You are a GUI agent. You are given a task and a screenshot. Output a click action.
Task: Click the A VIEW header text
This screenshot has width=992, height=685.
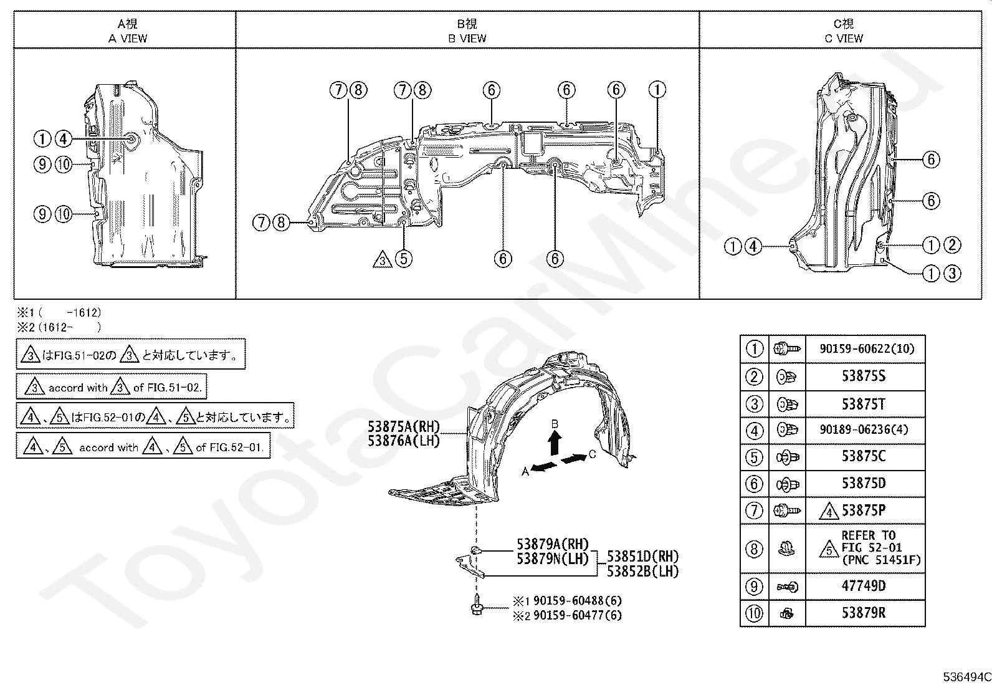tap(128, 39)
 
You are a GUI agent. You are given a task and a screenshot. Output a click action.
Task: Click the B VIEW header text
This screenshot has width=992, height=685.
tap(467, 39)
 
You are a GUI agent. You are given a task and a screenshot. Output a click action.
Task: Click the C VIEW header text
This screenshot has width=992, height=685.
tap(844, 39)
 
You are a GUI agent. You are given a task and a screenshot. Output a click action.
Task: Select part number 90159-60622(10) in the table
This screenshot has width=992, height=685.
tap(867, 348)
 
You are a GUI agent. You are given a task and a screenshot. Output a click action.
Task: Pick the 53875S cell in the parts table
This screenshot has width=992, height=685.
tap(864, 376)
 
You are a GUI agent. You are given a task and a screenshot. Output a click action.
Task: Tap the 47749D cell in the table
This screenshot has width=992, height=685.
tap(864, 586)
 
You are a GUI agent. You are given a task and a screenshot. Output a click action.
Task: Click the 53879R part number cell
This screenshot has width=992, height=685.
tap(864, 613)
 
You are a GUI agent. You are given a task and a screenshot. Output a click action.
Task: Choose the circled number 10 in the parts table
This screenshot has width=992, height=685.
tap(754, 614)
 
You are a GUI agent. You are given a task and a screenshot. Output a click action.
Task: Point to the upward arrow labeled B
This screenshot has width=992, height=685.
tap(554, 444)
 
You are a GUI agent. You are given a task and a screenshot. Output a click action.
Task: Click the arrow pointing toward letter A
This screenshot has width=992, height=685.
tap(544, 466)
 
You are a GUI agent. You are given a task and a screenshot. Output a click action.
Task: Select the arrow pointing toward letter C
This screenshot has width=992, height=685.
tap(574, 459)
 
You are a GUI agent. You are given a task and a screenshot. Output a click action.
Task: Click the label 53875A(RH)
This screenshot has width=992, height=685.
tap(403, 427)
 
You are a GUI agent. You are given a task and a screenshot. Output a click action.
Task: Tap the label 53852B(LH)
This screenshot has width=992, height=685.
tap(642, 572)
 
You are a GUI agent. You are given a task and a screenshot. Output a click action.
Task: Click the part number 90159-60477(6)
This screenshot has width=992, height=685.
tap(578, 615)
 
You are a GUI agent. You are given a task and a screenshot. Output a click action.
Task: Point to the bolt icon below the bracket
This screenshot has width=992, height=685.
tap(477, 605)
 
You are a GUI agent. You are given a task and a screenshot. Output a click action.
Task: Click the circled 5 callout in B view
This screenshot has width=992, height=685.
tap(403, 259)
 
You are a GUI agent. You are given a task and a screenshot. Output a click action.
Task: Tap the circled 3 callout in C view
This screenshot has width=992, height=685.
tap(953, 274)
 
